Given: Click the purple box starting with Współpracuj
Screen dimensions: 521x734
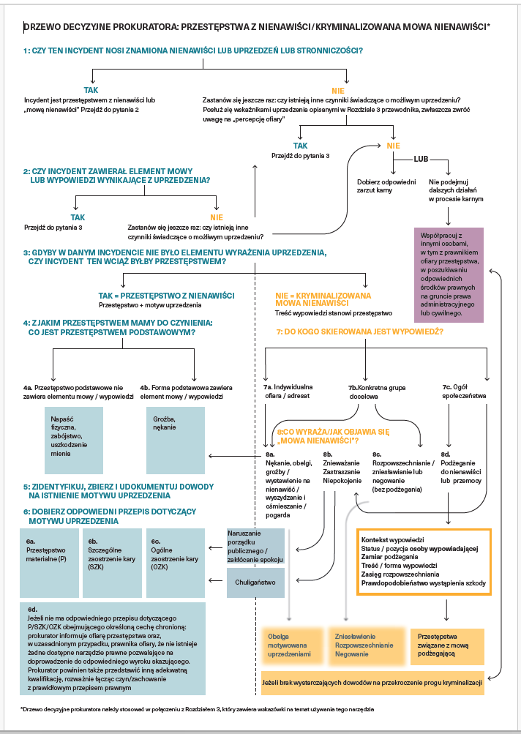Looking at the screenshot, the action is coord(449,275).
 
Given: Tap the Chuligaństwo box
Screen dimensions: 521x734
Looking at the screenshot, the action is coord(255,583).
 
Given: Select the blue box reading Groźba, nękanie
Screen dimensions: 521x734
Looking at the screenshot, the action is coord(176,441).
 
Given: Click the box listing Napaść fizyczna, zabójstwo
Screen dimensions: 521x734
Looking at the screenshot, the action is coord(74,441).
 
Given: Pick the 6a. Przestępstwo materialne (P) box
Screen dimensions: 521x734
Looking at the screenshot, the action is coord(49,563).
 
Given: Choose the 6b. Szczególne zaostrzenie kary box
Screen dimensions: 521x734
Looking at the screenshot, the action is coord(113,563).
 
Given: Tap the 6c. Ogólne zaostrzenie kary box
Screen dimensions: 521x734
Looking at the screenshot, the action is coord(176,563).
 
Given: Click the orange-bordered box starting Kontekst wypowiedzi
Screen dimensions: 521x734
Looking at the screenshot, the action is coord(424,562).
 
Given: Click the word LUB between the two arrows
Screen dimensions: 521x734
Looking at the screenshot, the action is coord(421,159).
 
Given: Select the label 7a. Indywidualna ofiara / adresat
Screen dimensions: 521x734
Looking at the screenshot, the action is coord(288,392).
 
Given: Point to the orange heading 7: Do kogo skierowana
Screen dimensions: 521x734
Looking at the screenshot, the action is coord(360,332).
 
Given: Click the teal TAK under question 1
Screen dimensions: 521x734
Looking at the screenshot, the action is coord(91,90).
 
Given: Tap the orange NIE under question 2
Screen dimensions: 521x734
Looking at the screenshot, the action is coord(217,217).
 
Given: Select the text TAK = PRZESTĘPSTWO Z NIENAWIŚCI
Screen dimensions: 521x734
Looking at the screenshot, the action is coord(166,296).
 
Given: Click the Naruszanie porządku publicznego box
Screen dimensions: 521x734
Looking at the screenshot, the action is coord(255,546).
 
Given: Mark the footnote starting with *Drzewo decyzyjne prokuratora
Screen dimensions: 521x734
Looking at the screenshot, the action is coord(197,709).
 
